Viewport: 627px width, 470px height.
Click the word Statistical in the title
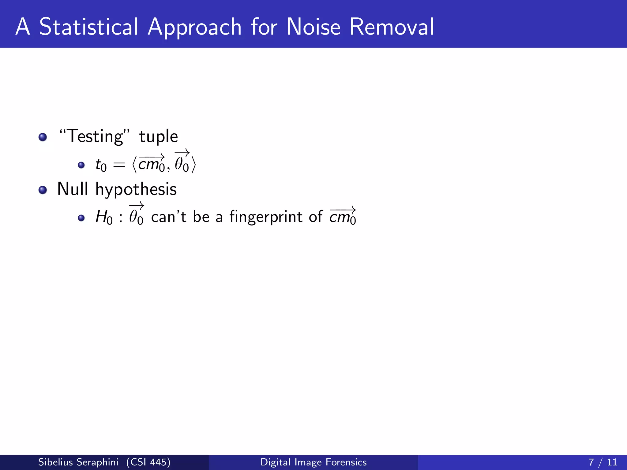tap(89, 27)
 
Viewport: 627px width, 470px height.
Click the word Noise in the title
tap(313, 27)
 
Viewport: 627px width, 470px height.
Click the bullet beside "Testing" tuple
tap(43, 137)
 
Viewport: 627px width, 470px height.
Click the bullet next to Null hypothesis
tap(43, 190)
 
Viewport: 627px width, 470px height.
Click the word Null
tap(73, 189)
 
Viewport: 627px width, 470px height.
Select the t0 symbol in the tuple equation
tap(101, 165)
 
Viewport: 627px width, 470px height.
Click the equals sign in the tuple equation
tap(119, 165)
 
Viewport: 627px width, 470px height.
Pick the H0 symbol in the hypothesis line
tap(104, 217)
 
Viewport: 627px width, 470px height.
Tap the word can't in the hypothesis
tap(169, 217)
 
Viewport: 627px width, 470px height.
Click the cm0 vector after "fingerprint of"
tap(343, 216)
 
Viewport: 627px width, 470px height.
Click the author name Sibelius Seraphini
tap(78, 462)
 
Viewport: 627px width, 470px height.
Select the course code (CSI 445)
tap(148, 462)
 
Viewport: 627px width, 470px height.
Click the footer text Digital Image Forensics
tap(313, 462)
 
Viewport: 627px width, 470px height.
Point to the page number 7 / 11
tap(603, 462)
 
